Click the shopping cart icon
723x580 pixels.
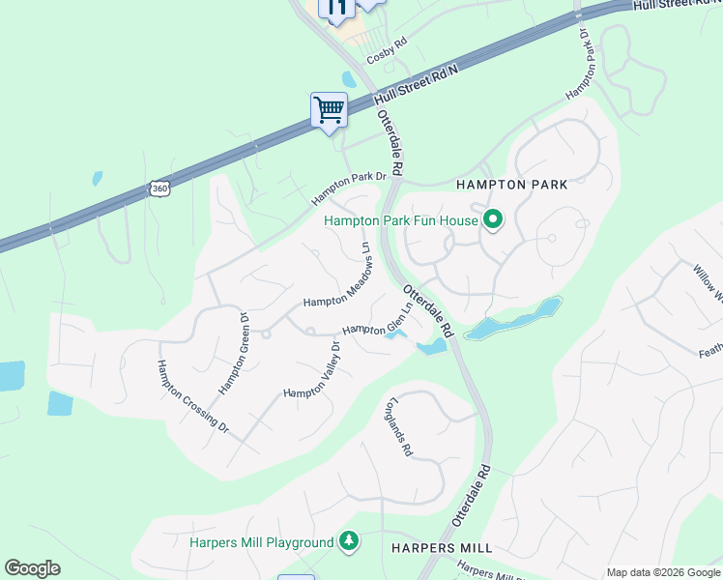point(329,110)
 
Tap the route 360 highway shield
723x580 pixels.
point(160,188)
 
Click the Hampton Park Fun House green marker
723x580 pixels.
point(493,220)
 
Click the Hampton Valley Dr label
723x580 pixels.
point(312,370)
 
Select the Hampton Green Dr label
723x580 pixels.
point(234,353)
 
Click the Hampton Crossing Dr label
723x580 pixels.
point(193,396)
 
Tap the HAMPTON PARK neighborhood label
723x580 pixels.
point(510,184)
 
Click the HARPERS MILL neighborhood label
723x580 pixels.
point(442,548)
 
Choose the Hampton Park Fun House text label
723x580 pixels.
point(401,220)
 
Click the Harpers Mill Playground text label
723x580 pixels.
point(261,542)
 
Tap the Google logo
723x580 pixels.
point(32,567)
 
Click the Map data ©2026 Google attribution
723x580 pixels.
point(663,572)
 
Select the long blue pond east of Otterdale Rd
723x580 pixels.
point(512,320)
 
